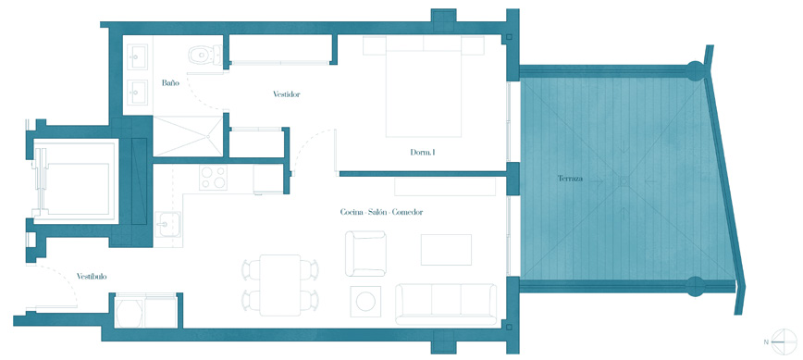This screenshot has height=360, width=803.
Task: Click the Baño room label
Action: (x=170, y=82)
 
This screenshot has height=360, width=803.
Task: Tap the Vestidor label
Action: (x=286, y=94)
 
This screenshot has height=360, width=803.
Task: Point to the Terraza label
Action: (x=571, y=180)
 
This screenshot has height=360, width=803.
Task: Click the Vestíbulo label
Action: (x=92, y=276)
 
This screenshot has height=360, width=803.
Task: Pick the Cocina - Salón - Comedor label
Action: (x=381, y=212)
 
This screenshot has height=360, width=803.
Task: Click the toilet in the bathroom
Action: (x=204, y=55)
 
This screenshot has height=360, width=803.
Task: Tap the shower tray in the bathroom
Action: (x=188, y=136)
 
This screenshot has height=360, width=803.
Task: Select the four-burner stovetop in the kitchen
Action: (x=213, y=178)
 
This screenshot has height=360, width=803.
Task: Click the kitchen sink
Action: (x=167, y=224)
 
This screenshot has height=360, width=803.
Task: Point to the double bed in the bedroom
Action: (x=423, y=86)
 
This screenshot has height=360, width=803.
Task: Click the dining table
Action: (x=279, y=285)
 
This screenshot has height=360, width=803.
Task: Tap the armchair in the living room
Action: (x=365, y=254)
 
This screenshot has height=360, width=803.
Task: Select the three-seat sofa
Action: (x=446, y=304)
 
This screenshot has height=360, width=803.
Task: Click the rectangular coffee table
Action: (x=446, y=249)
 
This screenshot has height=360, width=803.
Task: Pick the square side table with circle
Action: (x=365, y=301)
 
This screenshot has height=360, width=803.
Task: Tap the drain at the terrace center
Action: (x=624, y=180)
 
